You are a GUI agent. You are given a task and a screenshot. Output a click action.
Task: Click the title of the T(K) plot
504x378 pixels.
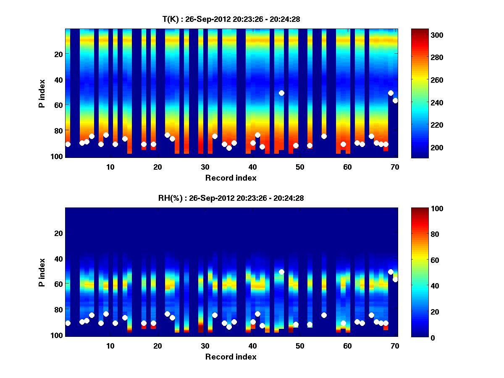tap(231, 19)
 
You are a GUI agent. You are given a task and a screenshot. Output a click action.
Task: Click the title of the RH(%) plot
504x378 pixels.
tap(231, 198)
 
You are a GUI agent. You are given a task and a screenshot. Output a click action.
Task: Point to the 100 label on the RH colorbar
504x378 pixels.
tap(425, 209)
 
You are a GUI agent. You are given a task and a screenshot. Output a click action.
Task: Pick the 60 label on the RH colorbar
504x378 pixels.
tap(423, 260)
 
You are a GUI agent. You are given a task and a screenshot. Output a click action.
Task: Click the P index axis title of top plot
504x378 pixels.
tap(42, 93)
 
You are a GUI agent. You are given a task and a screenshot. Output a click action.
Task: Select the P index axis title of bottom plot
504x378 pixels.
tap(42, 272)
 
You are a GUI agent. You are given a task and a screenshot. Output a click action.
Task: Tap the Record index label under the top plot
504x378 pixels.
tap(231, 178)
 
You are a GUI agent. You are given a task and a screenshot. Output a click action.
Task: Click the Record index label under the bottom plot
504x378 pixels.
tap(231, 357)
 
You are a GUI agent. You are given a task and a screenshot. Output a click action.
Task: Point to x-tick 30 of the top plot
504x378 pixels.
tap(205, 166)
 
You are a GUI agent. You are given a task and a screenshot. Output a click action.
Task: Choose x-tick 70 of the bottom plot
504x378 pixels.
tap(395, 346)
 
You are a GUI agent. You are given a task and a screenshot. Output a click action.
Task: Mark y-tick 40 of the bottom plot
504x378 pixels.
tap(59, 258)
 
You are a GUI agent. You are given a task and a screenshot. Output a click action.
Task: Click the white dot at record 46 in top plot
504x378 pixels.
tap(281, 93)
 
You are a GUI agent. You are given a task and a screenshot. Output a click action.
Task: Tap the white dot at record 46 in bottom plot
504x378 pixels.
tap(281, 272)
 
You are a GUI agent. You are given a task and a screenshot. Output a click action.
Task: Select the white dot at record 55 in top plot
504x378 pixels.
tap(324, 136)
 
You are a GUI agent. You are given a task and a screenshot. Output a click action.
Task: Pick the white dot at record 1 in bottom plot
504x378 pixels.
tap(68, 323)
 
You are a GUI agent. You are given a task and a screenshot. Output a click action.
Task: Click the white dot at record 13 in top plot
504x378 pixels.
tap(125, 139)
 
